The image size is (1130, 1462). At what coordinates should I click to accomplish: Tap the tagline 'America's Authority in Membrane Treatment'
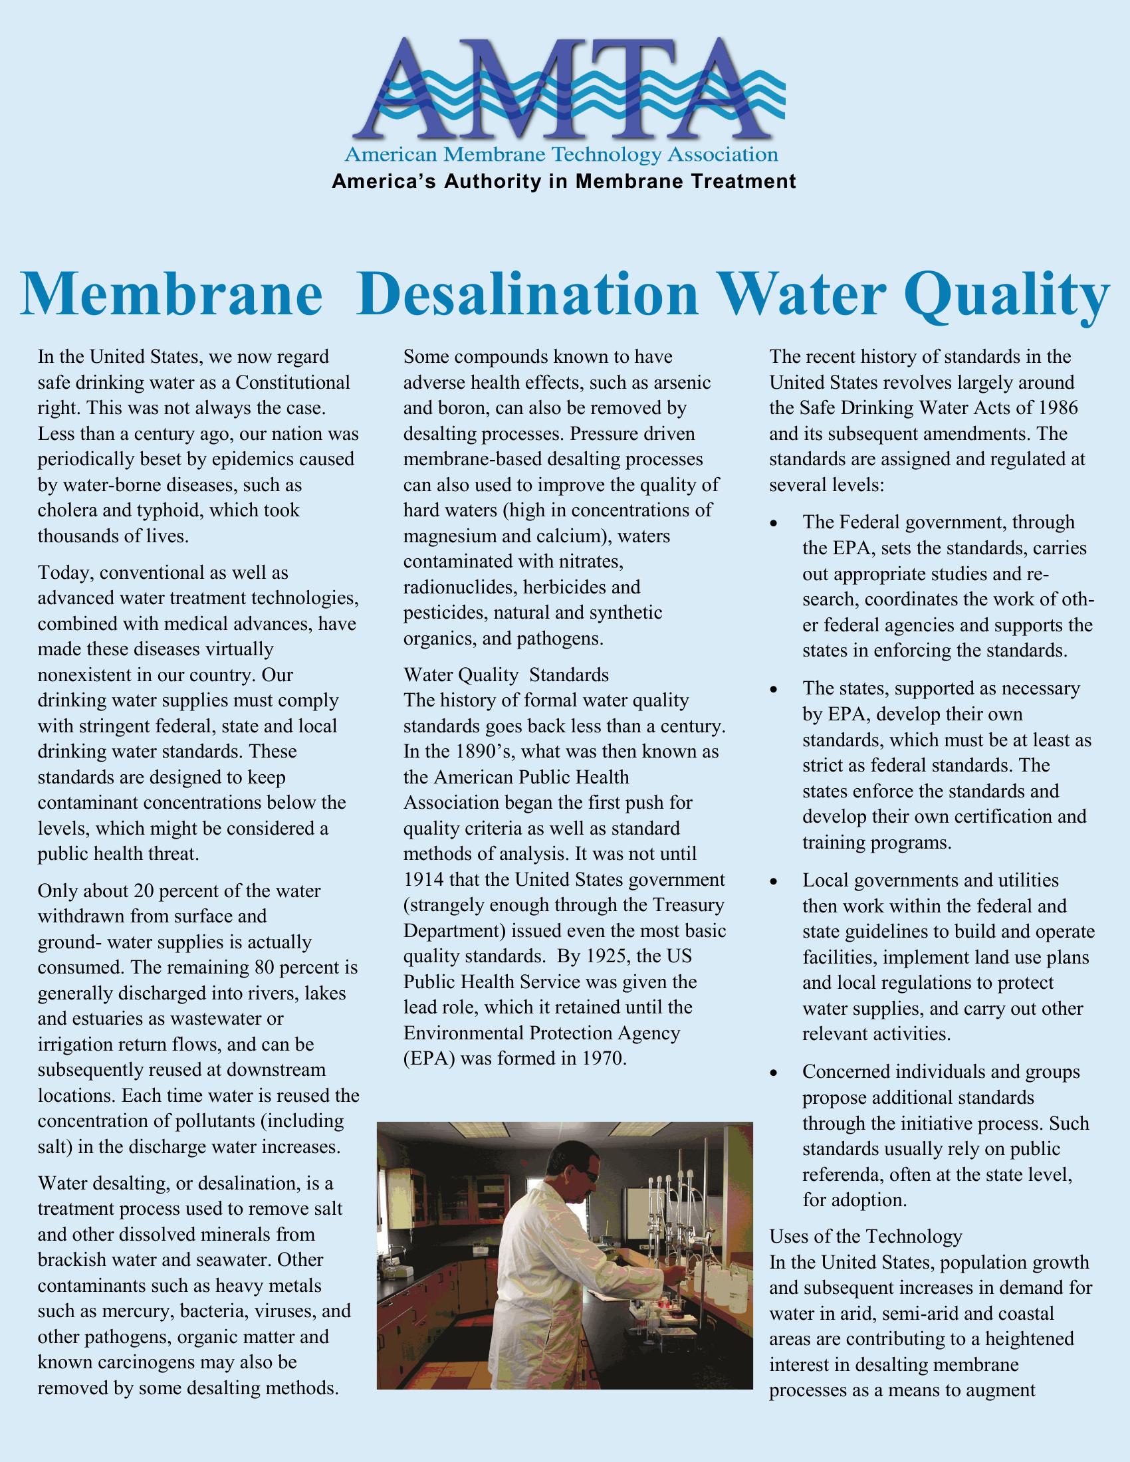564,181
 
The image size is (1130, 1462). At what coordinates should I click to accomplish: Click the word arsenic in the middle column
681,383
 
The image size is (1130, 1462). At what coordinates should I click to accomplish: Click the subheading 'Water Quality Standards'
506,674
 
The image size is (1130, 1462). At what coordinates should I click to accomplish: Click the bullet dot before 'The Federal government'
774,523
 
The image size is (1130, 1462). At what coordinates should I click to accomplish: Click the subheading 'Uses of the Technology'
866,1236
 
